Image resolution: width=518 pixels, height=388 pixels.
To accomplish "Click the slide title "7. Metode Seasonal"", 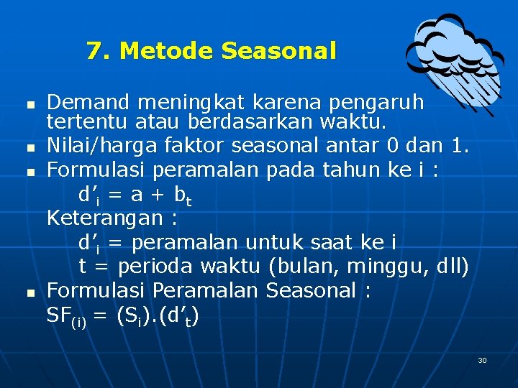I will [211, 51].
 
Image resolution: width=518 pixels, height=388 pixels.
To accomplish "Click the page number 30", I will [482, 360].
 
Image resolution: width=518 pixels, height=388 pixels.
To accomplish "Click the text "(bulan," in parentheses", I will [304, 267].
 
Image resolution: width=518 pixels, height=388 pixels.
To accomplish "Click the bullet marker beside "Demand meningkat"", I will [29, 105].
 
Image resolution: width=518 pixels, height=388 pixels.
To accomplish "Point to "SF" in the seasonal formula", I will [59, 315].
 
